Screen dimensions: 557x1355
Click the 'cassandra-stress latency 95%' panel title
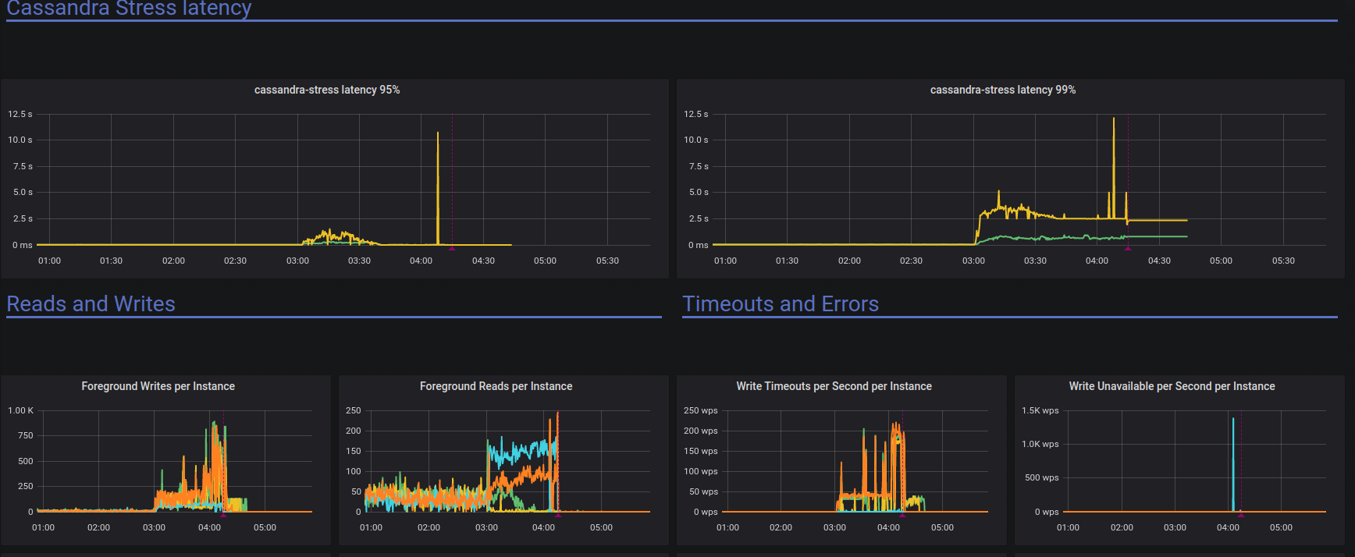pyautogui.click(x=326, y=90)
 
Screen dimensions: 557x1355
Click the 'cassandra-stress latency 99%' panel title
pyautogui.click(x=1002, y=90)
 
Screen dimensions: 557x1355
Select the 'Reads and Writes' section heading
pyautogui.click(x=91, y=304)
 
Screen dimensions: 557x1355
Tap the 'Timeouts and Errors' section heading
pyautogui.click(x=780, y=304)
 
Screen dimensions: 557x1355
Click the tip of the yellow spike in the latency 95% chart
pyautogui.click(x=438, y=133)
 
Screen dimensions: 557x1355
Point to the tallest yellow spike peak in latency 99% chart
pyautogui.click(x=1114, y=119)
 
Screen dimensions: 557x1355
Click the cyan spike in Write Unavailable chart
pyautogui.click(x=1233, y=420)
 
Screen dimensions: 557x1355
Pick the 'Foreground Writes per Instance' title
pyautogui.click(x=158, y=386)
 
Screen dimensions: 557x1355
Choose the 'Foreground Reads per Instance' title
pyautogui.click(x=496, y=386)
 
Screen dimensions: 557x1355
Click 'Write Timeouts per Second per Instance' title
pyautogui.click(x=834, y=386)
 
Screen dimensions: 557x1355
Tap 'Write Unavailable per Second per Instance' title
pyautogui.click(x=1172, y=386)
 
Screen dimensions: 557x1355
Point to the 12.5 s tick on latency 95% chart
pyautogui.click(x=20, y=114)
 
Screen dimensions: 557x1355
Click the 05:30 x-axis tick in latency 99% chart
pyautogui.click(x=1283, y=261)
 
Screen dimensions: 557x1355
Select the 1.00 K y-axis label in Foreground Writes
pyautogui.click(x=20, y=410)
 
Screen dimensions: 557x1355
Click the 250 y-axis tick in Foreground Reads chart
pyautogui.click(x=353, y=410)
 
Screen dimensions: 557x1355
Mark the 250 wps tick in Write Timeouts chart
pyautogui.click(x=700, y=410)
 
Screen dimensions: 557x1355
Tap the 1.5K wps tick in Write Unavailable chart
pyautogui.click(x=1040, y=410)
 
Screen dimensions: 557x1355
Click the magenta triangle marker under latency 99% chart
pyautogui.click(x=1128, y=248)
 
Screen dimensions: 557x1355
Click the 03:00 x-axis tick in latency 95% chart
pyautogui.click(x=297, y=261)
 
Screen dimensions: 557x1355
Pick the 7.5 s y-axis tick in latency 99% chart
pyautogui.click(x=699, y=166)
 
